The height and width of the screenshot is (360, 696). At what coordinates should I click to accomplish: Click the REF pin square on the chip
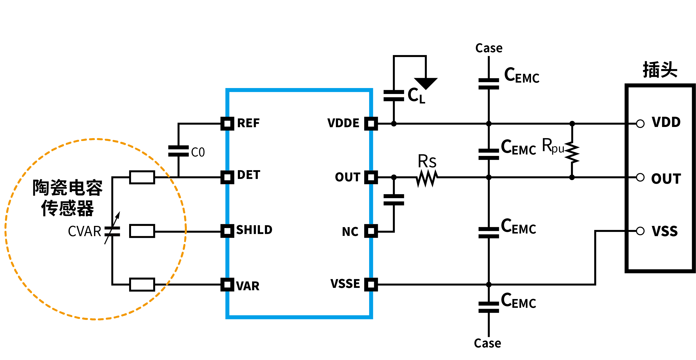pos(227,124)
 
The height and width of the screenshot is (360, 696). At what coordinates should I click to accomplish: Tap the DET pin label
pos(249,175)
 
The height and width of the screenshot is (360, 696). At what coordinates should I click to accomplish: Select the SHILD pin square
pos(227,231)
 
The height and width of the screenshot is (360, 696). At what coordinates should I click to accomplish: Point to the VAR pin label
pos(248,286)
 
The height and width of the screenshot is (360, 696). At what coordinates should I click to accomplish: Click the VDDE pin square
pos(371,124)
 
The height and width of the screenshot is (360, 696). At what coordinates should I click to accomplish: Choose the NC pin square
pos(371,231)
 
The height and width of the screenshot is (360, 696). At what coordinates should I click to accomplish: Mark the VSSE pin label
pos(345,284)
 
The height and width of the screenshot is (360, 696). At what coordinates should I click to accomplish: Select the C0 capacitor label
pos(198,152)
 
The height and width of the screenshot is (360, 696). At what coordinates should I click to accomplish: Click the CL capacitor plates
pos(394,96)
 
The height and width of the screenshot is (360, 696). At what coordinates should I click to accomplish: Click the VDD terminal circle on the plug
pos(640,124)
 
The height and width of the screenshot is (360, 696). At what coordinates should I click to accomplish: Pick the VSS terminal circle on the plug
pos(640,231)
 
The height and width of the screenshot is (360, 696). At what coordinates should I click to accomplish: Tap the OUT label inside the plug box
pos(666,179)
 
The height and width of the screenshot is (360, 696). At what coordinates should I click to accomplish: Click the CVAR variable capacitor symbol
pos(112,231)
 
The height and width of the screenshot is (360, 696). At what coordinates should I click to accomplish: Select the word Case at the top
pos(489,48)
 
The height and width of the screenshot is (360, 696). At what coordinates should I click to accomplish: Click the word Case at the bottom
pos(487,343)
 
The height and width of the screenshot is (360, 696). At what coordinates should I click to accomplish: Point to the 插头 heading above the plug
pos(660,70)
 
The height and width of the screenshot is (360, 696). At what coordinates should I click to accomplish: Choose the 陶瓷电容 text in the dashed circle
pos(68,187)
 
